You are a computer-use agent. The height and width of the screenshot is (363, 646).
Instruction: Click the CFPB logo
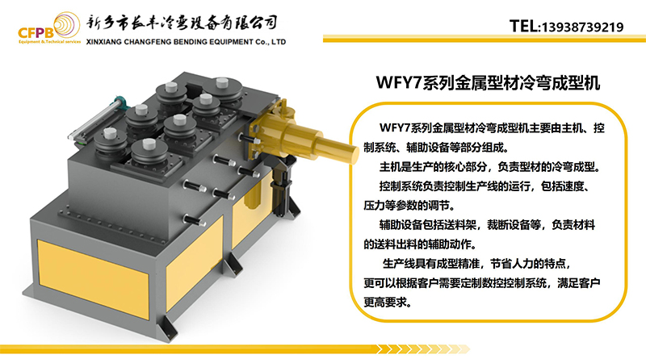(49, 28)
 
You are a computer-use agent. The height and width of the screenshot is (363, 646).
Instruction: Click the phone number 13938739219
(582, 27)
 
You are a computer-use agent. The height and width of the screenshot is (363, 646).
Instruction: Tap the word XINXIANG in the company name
(104, 42)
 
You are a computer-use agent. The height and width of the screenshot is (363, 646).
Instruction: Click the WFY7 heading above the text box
(488, 83)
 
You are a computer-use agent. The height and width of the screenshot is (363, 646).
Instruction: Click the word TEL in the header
(523, 27)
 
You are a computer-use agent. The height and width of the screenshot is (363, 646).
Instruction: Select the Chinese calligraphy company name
(182, 23)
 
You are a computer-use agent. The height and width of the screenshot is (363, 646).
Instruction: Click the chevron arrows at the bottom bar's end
(423, 349)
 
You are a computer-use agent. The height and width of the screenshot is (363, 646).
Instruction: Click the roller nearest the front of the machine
(149, 153)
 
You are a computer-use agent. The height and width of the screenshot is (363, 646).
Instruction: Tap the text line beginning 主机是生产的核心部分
(489, 167)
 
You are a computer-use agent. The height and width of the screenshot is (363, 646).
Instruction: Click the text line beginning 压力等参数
(409, 205)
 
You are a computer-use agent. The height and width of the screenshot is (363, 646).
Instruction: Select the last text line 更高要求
(388, 302)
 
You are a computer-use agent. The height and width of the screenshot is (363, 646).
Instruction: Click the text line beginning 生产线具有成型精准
(477, 264)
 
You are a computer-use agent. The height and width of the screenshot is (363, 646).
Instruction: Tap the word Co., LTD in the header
(271, 42)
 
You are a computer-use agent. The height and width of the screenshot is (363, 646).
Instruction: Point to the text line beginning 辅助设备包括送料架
(487, 225)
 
